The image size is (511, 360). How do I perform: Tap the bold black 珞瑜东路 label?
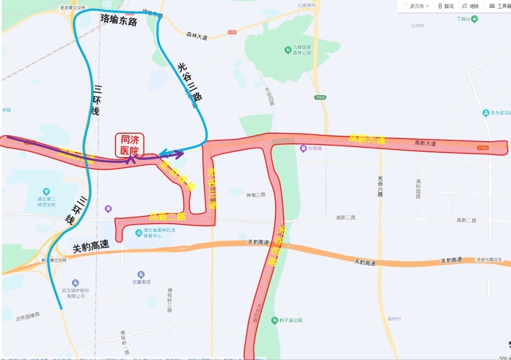[x=119, y=21]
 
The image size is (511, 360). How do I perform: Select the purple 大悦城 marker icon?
[x=303, y=149]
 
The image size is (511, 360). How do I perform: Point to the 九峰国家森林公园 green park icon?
[x=287, y=50]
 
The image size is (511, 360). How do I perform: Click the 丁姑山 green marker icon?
[x=474, y=19]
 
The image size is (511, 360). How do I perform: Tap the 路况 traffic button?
[x=446, y=6]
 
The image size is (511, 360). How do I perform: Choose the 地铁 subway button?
[x=471, y=6]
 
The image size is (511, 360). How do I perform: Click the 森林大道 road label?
[x=196, y=37]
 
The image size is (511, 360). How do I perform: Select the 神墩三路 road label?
[x=254, y=195]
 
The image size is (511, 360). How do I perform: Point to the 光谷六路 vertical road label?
[x=380, y=186]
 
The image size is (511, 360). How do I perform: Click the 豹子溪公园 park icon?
[x=275, y=320]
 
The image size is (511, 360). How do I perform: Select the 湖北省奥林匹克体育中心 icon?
[x=139, y=233]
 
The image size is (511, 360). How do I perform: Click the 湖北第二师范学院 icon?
[x=46, y=191]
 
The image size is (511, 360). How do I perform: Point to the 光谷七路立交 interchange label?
[x=489, y=259]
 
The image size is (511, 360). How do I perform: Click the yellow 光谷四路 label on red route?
[x=273, y=246]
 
